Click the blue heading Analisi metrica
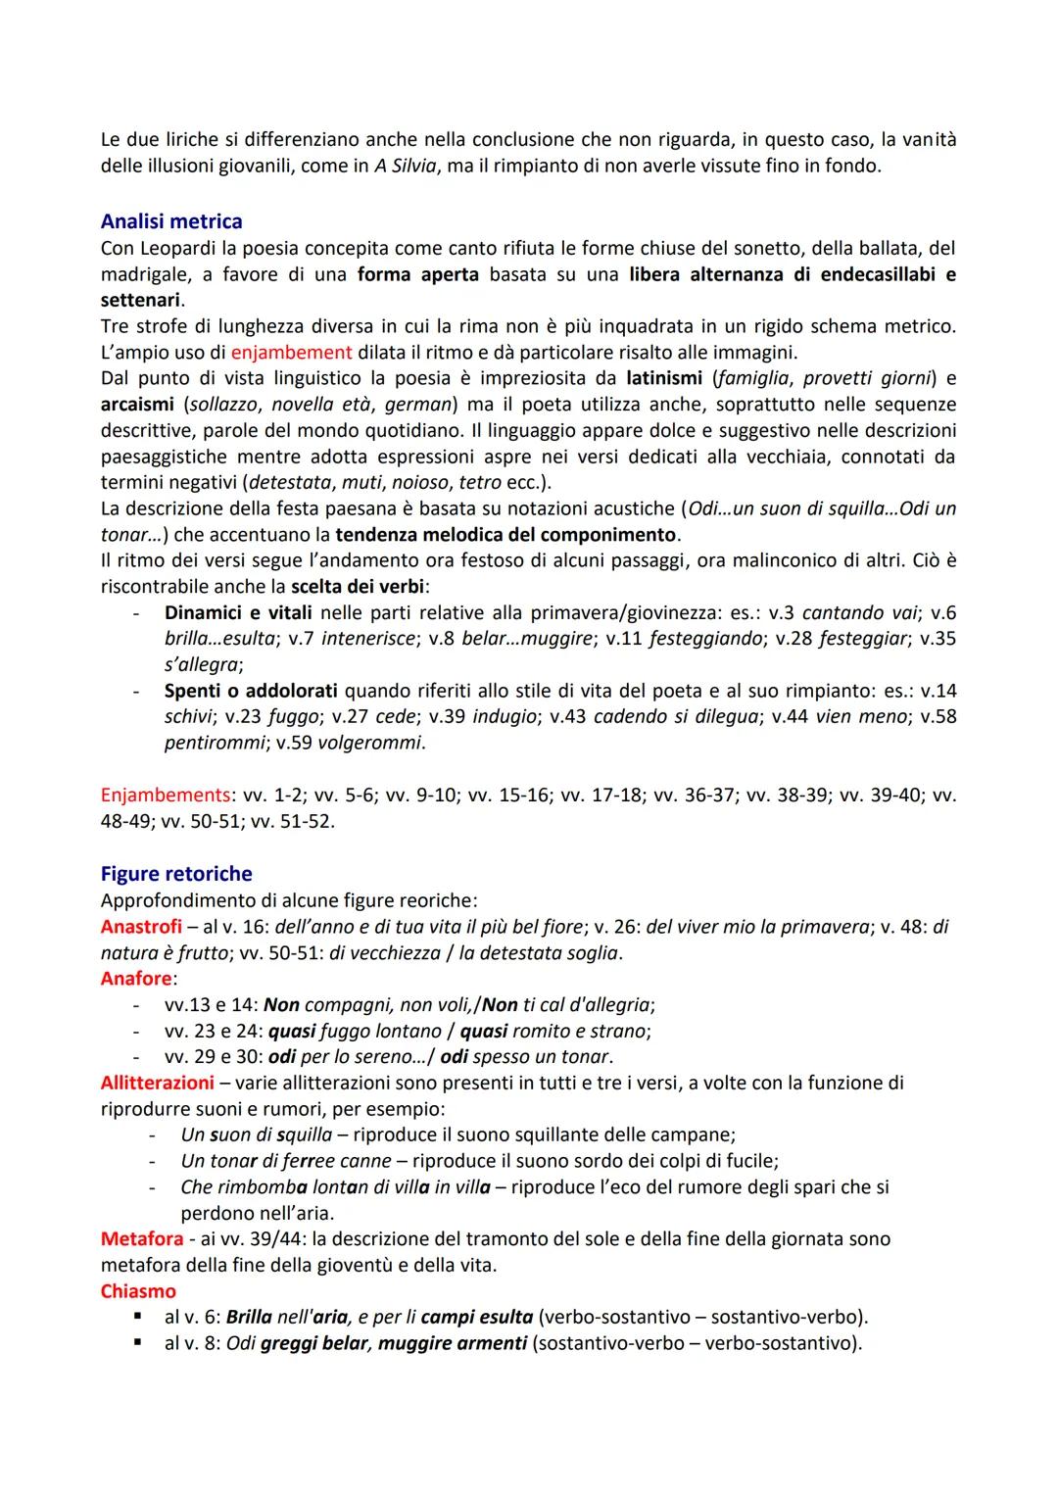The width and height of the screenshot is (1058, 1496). coord(171,221)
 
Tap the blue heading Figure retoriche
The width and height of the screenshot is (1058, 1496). coord(176,874)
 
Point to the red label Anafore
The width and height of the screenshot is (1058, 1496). coord(136,979)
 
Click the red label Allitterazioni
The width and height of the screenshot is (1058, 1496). coord(157,1083)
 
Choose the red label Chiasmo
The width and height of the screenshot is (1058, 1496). coord(138,1291)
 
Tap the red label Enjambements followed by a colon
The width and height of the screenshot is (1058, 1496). coord(166,795)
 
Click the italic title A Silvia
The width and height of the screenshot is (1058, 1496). coord(406,166)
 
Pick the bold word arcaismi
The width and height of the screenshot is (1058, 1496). coord(136,405)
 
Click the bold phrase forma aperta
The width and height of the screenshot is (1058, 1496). coord(418,274)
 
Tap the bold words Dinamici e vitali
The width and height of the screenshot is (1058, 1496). coord(238,613)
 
